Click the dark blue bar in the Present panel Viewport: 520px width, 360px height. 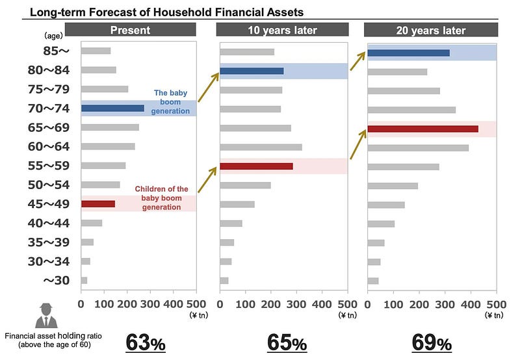click(x=112, y=109)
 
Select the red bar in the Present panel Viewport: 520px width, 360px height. click(x=98, y=203)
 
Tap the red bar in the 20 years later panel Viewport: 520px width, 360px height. click(x=422, y=129)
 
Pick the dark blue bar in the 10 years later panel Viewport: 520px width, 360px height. click(x=252, y=71)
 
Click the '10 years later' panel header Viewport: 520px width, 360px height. click(x=281, y=30)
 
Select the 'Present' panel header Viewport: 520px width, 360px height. click(x=130, y=30)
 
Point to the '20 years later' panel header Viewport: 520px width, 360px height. click(x=430, y=30)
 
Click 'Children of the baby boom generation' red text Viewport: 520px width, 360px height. click(x=161, y=198)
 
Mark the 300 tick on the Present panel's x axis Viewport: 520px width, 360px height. click(x=150, y=303)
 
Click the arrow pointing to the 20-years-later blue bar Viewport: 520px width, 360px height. click(x=357, y=61)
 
